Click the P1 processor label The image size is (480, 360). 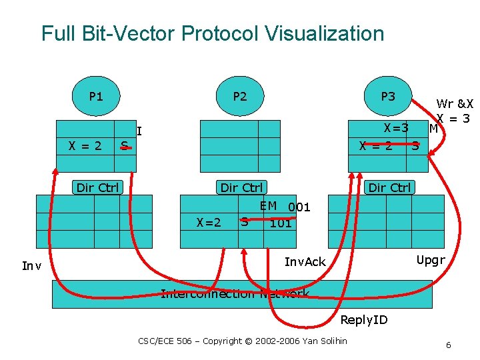[96, 97]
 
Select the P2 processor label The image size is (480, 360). [239, 97]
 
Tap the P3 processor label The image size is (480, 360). [387, 97]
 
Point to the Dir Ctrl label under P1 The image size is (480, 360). [97, 187]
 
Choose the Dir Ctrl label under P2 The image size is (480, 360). [241, 187]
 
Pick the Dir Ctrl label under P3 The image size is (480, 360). [389, 187]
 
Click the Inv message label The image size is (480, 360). [31, 266]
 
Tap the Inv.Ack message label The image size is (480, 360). [305, 261]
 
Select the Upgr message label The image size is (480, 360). [430, 260]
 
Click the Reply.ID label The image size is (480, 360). [363, 320]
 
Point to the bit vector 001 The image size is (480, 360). [299, 207]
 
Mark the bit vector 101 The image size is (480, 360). [280, 223]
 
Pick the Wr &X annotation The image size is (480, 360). [454, 104]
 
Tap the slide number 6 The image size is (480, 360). [448, 345]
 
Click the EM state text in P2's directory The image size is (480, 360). [268, 206]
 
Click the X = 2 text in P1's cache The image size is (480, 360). [85, 145]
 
